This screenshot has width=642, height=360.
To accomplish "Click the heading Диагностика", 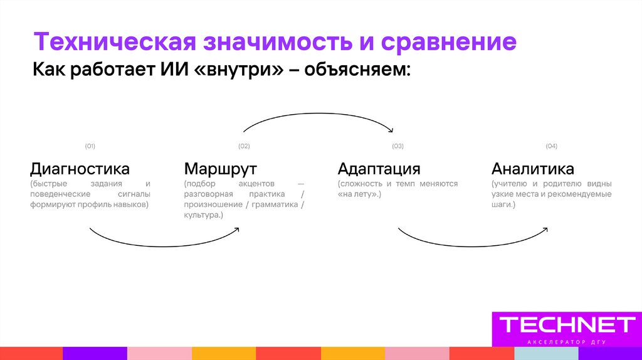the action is (x=80, y=169).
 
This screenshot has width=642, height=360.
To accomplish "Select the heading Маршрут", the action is (x=221, y=169).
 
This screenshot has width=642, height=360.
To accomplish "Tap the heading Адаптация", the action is (x=379, y=169).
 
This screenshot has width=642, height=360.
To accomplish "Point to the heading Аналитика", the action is (x=532, y=169).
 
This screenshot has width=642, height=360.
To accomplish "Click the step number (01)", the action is (x=90, y=146).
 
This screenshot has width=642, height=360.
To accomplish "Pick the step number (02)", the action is (x=244, y=146).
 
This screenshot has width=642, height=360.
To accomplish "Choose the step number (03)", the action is (x=397, y=146).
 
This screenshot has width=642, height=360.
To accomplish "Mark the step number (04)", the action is (x=551, y=146).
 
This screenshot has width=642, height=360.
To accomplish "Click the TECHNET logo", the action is (x=567, y=324).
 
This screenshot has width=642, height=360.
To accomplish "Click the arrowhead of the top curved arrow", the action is (x=391, y=130).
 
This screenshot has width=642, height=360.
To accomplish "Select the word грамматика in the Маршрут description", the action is (x=275, y=204).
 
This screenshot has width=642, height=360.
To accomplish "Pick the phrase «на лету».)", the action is (x=359, y=194).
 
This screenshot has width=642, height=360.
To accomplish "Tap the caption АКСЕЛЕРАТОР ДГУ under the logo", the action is (x=566, y=342).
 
